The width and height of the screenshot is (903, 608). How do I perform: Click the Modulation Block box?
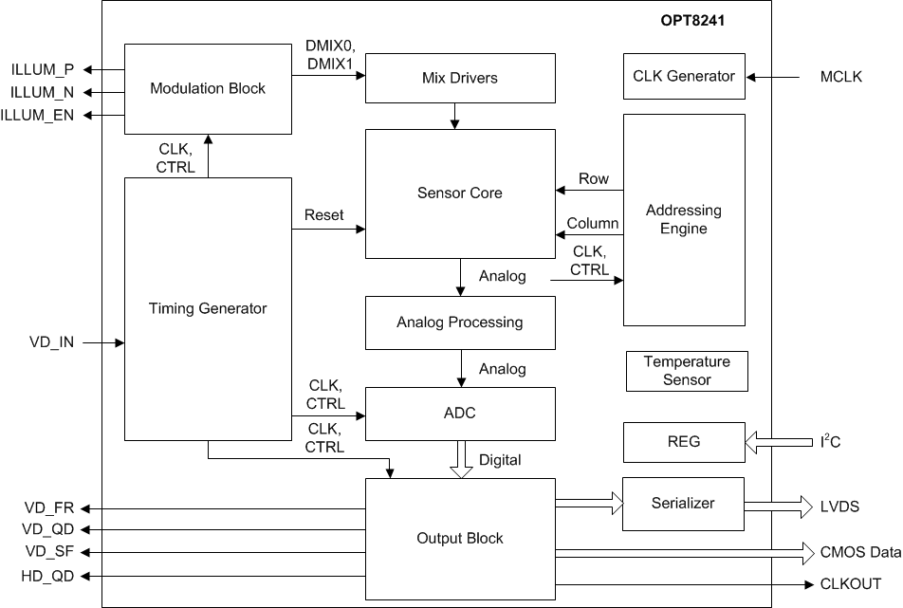pos(208,88)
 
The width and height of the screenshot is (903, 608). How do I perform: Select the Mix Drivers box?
pos(460,78)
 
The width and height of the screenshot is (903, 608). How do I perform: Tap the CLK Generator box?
pos(684,76)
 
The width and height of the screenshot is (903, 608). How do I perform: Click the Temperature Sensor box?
pos(687,371)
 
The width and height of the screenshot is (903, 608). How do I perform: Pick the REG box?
pos(684,442)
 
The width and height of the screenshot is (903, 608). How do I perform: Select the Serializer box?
pos(684,504)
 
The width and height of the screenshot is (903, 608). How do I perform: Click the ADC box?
pos(460,413)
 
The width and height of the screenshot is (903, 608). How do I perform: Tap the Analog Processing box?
pos(460,322)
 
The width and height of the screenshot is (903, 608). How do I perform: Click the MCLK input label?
pos(840,77)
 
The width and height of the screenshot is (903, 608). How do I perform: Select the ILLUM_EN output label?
pos(38,116)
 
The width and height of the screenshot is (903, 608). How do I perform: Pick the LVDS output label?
pos(840,507)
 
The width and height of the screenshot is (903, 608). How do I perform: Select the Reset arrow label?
pos(323,216)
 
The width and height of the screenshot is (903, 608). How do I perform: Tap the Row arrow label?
pos(594,179)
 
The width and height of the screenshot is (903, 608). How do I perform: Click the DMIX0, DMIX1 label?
pos(329,54)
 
